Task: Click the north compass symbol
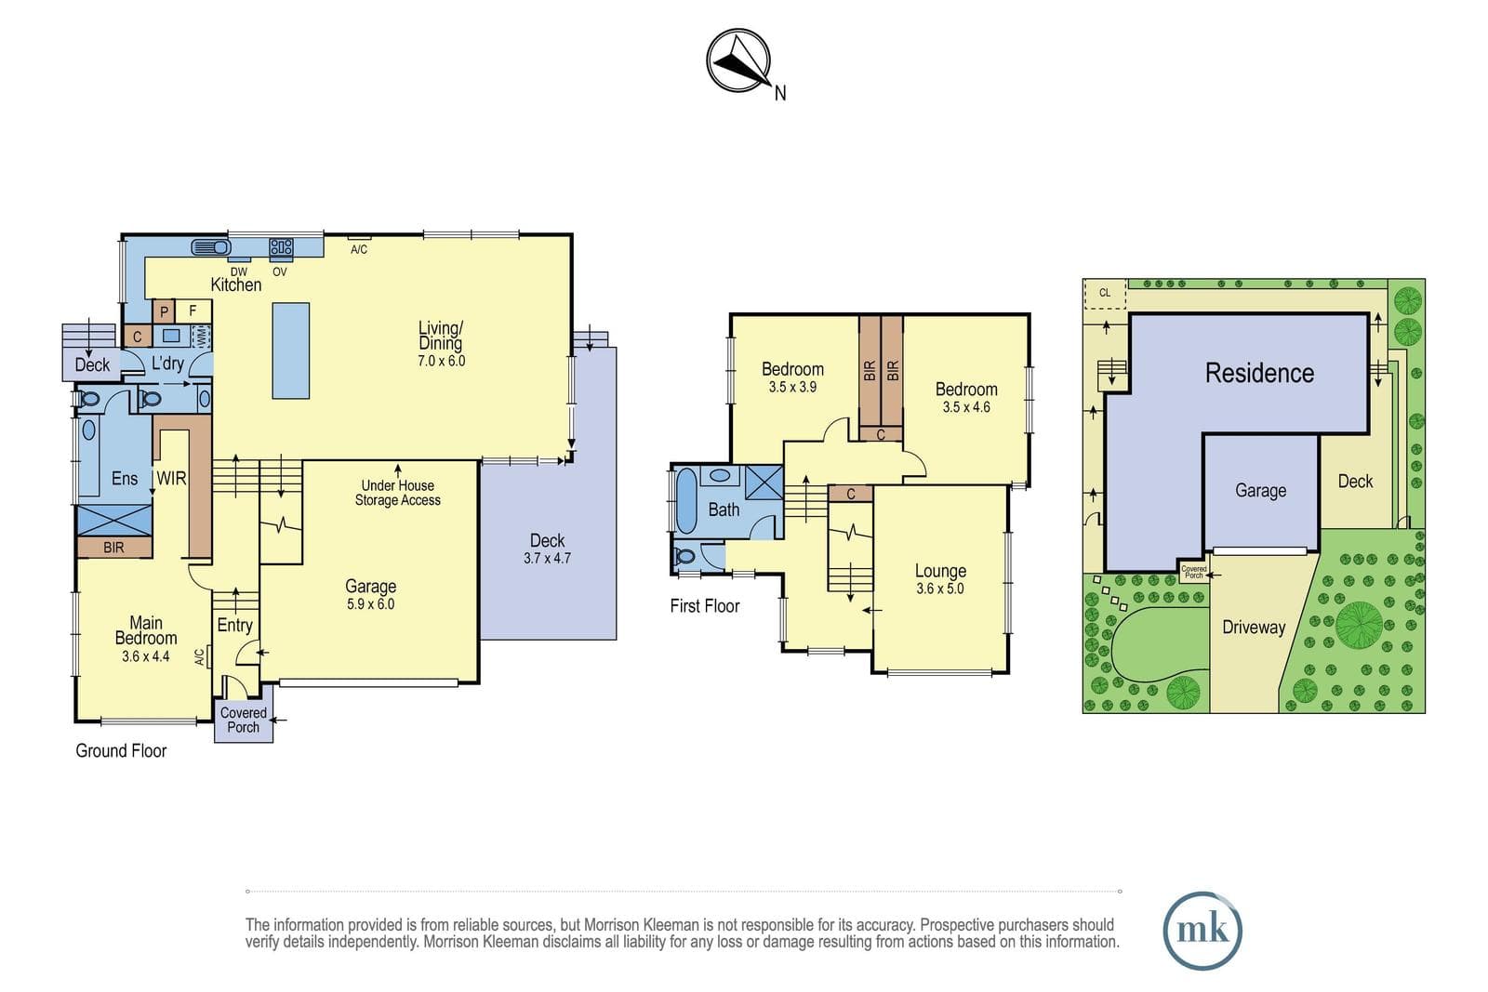coord(738,61)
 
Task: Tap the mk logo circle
coord(1202,931)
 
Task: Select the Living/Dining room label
coord(441,336)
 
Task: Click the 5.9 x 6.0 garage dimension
coord(371,604)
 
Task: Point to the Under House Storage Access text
coord(397,493)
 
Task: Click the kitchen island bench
coord(291,351)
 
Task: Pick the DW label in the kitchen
coord(238,271)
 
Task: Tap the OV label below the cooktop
coord(280,271)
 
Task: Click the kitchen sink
coord(211,247)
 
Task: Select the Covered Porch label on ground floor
coord(243,720)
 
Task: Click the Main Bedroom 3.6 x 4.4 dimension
coord(145,656)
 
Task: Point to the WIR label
coord(171,478)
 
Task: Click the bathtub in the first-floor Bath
coord(686,500)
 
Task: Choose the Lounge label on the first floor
coord(940,571)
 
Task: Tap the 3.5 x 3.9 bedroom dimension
coord(792,387)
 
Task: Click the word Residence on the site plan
coord(1259,373)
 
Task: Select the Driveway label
coord(1254,627)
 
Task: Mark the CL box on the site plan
coord(1105,294)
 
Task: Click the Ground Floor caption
coord(121,750)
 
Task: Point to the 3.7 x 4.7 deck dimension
coord(548,559)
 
